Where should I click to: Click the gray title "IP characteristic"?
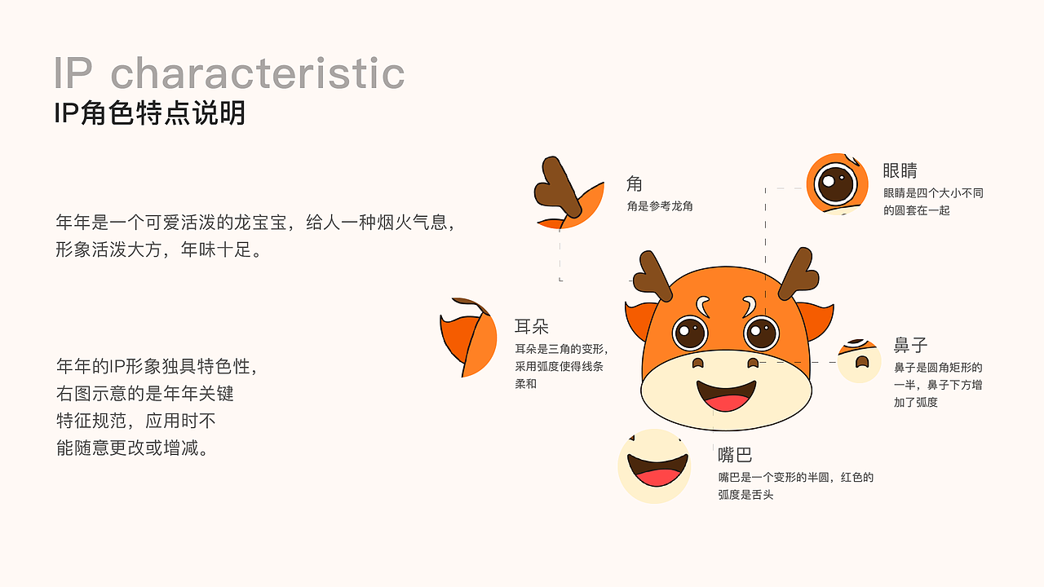(x=229, y=73)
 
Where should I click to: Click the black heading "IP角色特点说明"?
(x=149, y=113)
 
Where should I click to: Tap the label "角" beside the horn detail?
(x=635, y=183)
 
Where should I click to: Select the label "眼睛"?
(x=900, y=171)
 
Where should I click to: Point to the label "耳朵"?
(x=532, y=327)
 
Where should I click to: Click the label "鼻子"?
(x=911, y=345)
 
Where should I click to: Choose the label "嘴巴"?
(x=735, y=455)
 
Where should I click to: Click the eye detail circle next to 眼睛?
(x=836, y=183)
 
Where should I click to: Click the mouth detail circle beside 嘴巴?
(x=655, y=466)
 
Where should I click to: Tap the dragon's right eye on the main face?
(x=762, y=332)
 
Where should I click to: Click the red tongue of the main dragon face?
(x=727, y=402)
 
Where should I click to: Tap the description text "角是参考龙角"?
(x=660, y=207)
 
